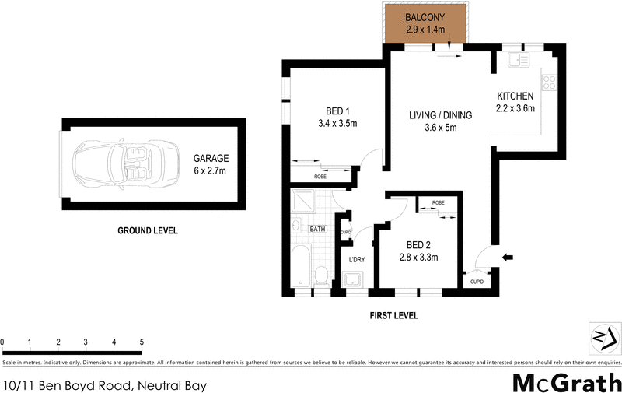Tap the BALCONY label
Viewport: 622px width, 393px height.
click(x=425, y=18)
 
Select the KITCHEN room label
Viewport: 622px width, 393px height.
click(x=515, y=96)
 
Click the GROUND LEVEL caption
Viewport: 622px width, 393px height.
click(x=148, y=230)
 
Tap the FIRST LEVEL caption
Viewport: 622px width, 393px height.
click(x=394, y=316)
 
